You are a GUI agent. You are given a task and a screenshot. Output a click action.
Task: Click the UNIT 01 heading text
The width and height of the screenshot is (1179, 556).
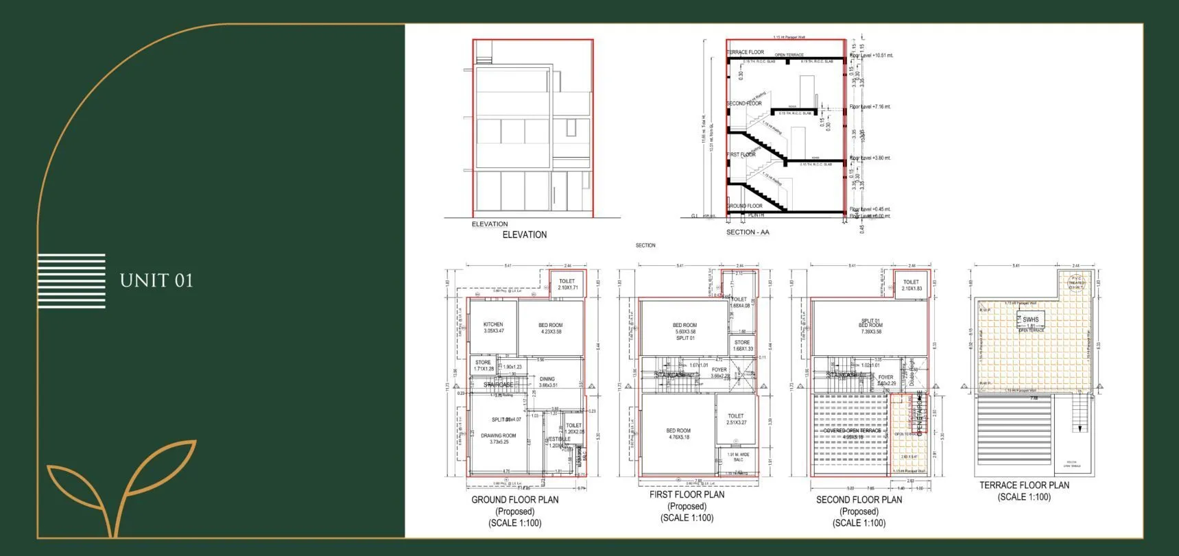[x=156, y=280]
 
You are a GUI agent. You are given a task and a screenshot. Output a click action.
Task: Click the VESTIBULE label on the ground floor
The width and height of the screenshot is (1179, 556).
[x=558, y=439]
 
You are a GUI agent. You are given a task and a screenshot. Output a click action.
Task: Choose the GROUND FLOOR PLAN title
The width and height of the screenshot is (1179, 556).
[x=514, y=500]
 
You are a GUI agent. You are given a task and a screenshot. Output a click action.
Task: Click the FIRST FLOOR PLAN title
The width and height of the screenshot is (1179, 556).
[x=687, y=494]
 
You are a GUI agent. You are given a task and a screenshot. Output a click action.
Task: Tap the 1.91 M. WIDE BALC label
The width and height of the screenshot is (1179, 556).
[x=738, y=457]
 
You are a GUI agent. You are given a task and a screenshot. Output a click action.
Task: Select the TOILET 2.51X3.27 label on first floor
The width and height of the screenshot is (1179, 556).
[x=736, y=419]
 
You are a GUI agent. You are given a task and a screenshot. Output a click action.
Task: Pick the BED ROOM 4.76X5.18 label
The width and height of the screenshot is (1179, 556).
[x=678, y=434]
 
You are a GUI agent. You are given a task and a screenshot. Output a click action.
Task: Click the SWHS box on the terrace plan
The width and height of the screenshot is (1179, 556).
[x=1030, y=319]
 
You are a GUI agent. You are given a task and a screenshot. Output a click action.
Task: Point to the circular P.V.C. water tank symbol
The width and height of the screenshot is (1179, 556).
[x=1076, y=282]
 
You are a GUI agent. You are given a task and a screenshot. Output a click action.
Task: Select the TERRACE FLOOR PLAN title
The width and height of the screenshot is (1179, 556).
[x=1024, y=485]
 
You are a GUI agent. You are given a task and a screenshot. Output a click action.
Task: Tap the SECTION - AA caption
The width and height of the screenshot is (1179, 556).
[x=748, y=232]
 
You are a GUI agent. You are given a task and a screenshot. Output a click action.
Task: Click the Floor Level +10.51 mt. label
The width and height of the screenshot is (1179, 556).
[x=871, y=56]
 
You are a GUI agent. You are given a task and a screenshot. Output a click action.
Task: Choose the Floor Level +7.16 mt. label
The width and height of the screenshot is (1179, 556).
[x=870, y=107]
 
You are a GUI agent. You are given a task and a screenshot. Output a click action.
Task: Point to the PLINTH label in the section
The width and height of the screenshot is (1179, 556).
[x=756, y=215]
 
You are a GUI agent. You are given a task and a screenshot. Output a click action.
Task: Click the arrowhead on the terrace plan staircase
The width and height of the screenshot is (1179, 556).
[x=1080, y=429]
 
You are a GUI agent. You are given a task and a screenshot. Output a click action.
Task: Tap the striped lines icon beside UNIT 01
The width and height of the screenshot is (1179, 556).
[x=71, y=280]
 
